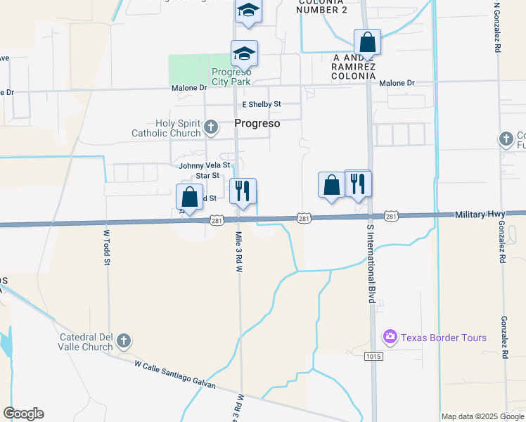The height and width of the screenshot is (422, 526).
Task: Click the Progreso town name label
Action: point(257,123)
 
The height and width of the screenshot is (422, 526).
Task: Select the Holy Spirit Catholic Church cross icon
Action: point(211,128)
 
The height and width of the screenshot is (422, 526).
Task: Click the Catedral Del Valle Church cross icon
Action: point(123,341)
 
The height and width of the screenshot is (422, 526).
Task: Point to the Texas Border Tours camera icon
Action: point(390,338)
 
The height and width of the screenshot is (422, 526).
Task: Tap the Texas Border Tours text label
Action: point(443,338)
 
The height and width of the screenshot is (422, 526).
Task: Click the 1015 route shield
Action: point(374,357)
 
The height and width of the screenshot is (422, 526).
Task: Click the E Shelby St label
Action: point(261,104)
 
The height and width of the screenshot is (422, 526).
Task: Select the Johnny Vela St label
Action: point(205,165)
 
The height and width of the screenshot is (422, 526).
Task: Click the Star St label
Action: point(207,175)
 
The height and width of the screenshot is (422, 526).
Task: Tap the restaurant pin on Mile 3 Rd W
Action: point(243,191)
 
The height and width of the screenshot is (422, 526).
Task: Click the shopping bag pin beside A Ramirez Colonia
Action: point(367,42)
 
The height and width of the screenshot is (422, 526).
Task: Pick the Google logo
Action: point(23,414)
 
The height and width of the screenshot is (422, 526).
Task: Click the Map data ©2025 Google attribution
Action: point(482,416)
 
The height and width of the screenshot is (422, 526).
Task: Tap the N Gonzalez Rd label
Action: point(496,28)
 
